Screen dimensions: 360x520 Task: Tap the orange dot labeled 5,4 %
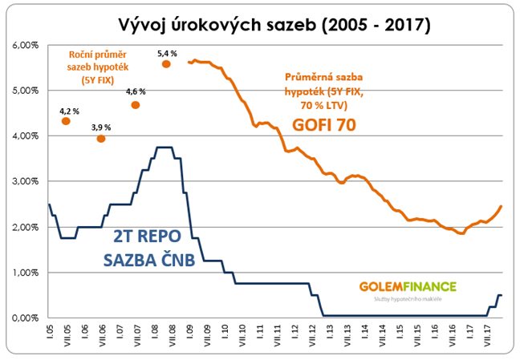click(x=167, y=64)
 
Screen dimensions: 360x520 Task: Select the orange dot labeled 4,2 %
click(x=66, y=121)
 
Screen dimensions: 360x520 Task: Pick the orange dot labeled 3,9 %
click(x=101, y=139)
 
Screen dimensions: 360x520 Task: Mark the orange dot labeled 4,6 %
click(x=136, y=105)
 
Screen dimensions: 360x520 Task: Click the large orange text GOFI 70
click(x=323, y=125)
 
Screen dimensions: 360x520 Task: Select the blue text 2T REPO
click(x=143, y=237)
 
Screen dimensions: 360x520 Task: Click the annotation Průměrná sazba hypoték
click(x=322, y=90)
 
